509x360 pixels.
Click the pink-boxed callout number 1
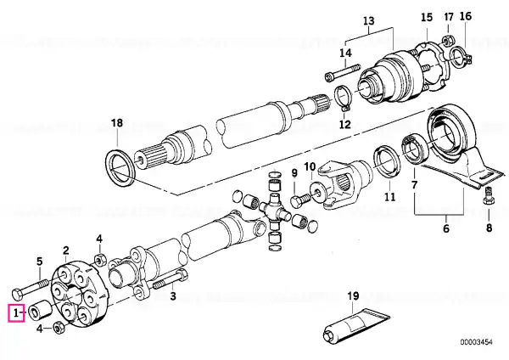pos(15,313)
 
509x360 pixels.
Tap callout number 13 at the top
pos(368,20)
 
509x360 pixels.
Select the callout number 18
pos(117,123)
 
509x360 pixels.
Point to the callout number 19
pos(353,296)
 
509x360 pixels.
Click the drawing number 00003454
pos(476,342)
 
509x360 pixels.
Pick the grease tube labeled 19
pos(357,324)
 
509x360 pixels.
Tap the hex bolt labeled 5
pos(31,288)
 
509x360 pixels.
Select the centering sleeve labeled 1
pos(40,310)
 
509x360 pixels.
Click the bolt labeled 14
pos(343,72)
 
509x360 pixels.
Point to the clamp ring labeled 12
pos(344,98)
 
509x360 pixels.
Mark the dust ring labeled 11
pos(387,163)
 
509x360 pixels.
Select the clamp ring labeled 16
pos(461,58)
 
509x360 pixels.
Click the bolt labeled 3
pos(170,280)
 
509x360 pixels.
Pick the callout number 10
pos(310,166)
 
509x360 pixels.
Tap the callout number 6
pos(446,228)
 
